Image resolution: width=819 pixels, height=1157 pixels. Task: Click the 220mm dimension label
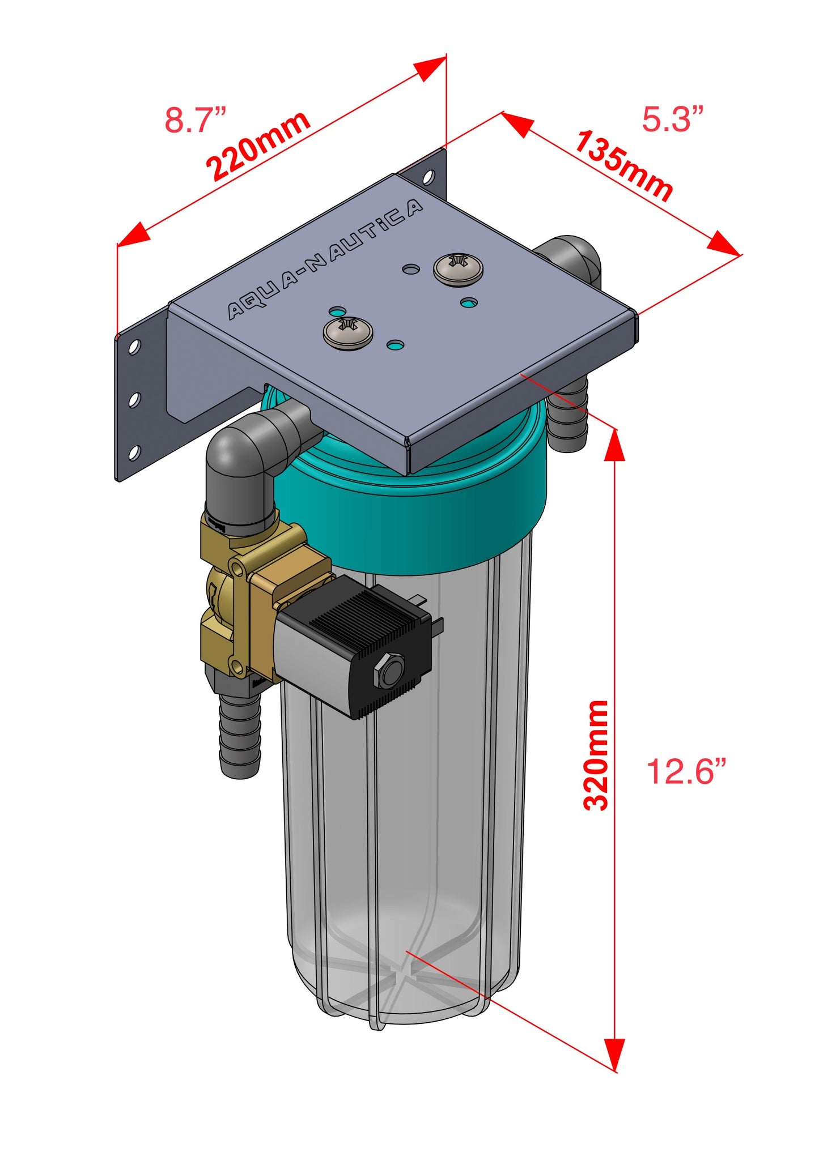[x=258, y=146]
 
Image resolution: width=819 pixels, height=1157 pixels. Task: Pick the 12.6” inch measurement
[x=686, y=771]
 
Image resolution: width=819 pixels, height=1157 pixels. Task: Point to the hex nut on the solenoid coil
[x=389, y=672]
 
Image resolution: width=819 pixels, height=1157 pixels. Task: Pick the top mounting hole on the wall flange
[x=134, y=346]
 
